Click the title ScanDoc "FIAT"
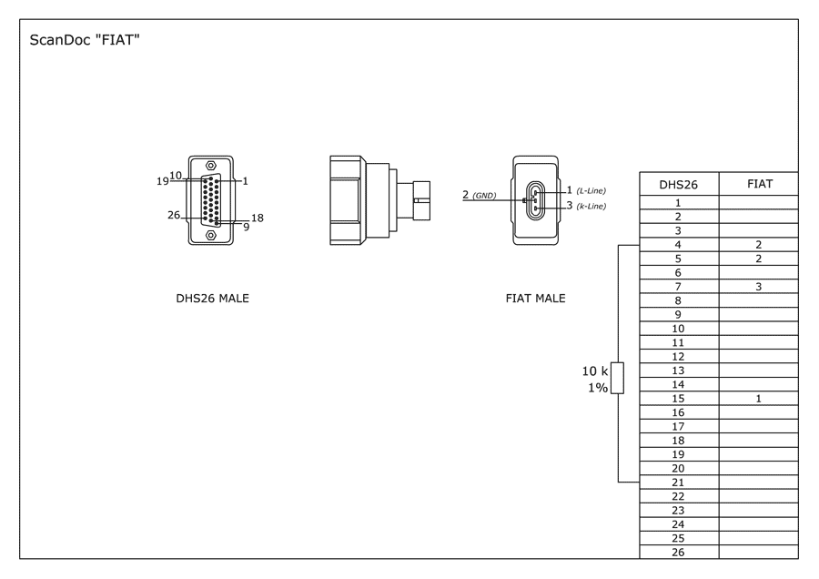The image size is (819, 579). pyautogui.click(x=85, y=40)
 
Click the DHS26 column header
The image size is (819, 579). pyautogui.click(x=678, y=185)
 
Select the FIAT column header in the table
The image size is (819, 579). pyautogui.click(x=760, y=184)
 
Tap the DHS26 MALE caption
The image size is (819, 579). pyautogui.click(x=212, y=299)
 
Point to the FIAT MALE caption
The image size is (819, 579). pyautogui.click(x=535, y=299)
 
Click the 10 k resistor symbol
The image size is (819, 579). pyautogui.click(x=617, y=378)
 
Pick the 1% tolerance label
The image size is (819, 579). pyautogui.click(x=598, y=388)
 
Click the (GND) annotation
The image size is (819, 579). pyautogui.click(x=484, y=196)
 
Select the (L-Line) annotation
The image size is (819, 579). pyautogui.click(x=591, y=191)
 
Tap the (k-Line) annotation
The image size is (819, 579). pyautogui.click(x=591, y=206)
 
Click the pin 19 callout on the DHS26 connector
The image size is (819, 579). pyautogui.click(x=163, y=181)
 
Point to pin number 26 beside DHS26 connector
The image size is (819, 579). pyautogui.click(x=174, y=215)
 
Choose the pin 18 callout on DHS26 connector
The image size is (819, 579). pyautogui.click(x=258, y=218)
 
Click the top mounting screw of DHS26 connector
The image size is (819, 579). pyautogui.click(x=211, y=165)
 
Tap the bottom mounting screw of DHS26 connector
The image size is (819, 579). pyautogui.click(x=211, y=236)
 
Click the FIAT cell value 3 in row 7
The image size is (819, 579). pyautogui.click(x=758, y=287)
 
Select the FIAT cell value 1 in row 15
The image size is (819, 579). pyautogui.click(x=758, y=399)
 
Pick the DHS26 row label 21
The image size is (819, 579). pyautogui.click(x=678, y=482)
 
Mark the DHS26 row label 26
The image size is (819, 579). pyautogui.click(x=678, y=553)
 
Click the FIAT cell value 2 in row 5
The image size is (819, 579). pyautogui.click(x=758, y=259)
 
